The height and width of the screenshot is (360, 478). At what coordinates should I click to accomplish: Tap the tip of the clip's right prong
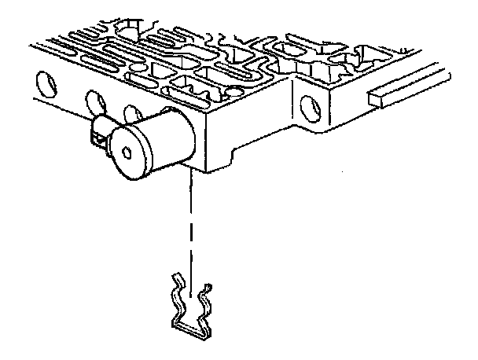coord(208,285)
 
